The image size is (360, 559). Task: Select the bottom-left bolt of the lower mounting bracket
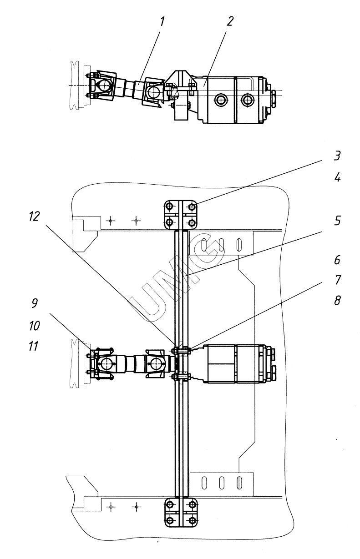(x=170, y=520)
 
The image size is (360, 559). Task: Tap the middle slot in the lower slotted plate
(x=222, y=483)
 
